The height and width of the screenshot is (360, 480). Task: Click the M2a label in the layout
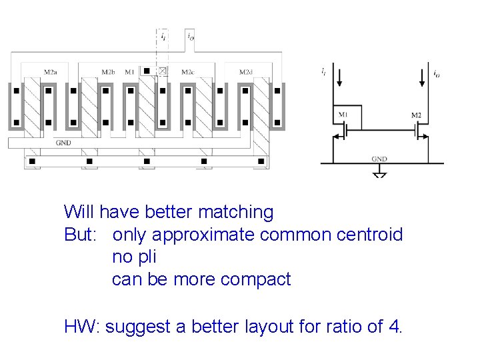[x=50, y=71]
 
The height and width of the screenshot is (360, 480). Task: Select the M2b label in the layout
[x=109, y=71]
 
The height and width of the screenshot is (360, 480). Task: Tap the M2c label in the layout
[x=187, y=71]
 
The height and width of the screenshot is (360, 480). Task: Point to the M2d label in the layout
[x=246, y=71]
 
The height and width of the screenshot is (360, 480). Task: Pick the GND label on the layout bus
[x=63, y=142]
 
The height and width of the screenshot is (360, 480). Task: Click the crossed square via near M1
[x=163, y=71]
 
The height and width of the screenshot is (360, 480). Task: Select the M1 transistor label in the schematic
[x=343, y=115]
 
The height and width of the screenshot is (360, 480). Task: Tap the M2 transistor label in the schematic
[x=417, y=115]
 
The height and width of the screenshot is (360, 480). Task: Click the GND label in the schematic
[x=379, y=159]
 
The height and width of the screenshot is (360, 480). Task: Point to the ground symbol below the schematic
[x=379, y=173]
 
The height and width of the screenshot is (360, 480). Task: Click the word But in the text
[x=79, y=235]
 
